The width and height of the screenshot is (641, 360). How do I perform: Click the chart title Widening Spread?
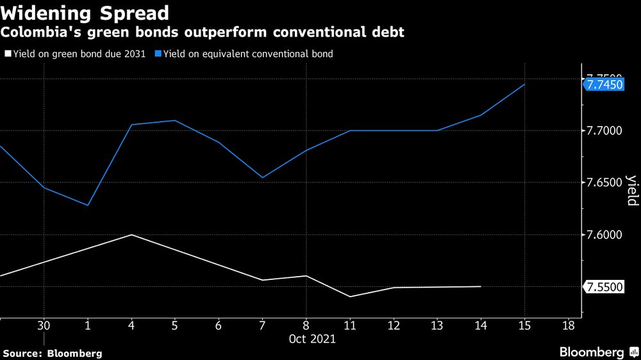coord(86,13)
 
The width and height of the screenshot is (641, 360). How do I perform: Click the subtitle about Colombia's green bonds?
coord(203,32)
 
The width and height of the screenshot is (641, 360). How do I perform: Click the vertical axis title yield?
coord(631,190)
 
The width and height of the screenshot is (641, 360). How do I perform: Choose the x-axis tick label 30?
coord(44,325)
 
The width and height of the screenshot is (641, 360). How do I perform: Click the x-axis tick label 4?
coord(131,325)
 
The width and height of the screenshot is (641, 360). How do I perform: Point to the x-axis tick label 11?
coord(350,325)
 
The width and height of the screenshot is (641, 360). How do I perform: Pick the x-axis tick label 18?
coord(568,325)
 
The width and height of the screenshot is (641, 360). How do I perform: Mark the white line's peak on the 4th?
coord(131,234)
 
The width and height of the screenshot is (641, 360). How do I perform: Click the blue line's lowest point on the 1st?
coord(88,206)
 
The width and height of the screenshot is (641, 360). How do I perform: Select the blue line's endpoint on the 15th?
coord(525,84)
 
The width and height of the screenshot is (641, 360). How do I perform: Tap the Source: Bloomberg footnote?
coord(53,353)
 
